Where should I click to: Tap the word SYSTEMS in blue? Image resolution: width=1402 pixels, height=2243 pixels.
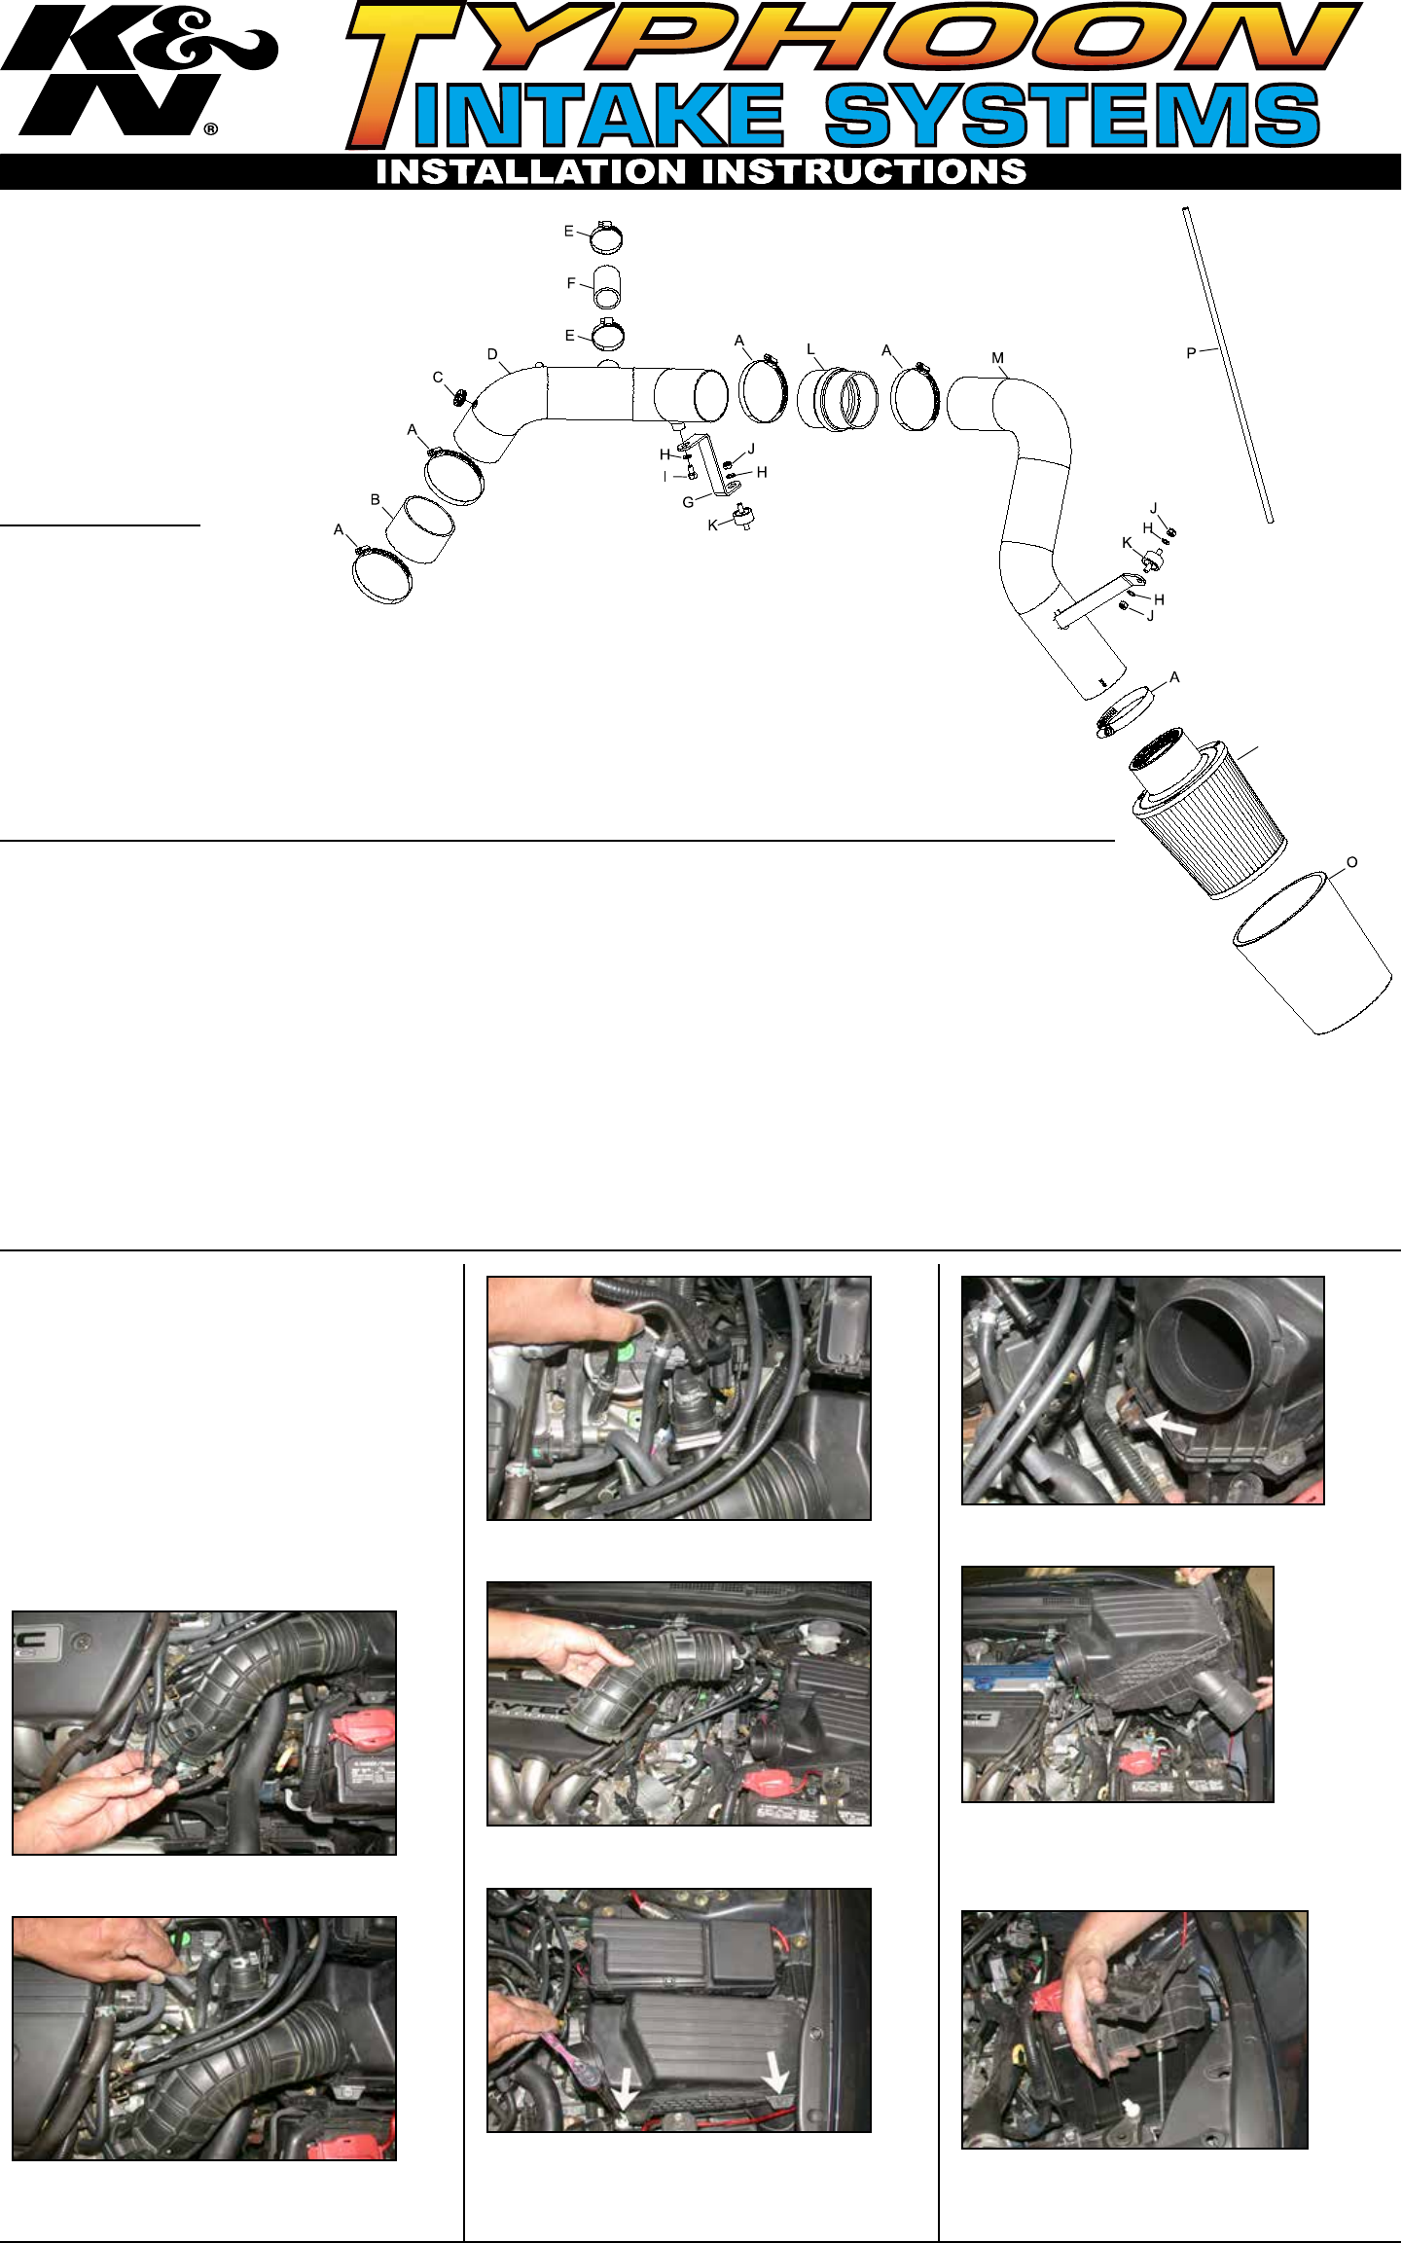click(1072, 115)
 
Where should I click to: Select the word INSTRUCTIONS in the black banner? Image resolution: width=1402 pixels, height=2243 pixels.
click(865, 172)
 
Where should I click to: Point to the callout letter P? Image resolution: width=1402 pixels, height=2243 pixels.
click(1191, 354)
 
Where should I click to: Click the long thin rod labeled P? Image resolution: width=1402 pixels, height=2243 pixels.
click(1228, 365)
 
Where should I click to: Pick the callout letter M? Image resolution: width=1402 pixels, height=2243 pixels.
click(997, 358)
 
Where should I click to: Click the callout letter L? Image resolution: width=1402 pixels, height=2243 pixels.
click(810, 349)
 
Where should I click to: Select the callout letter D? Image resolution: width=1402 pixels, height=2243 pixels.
click(492, 354)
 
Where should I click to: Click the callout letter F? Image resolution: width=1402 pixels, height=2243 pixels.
click(571, 283)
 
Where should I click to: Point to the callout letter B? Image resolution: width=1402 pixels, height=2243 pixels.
click(376, 500)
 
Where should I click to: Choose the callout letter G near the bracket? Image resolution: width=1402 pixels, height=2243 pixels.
click(688, 502)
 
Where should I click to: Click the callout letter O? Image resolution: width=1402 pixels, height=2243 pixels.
click(1351, 862)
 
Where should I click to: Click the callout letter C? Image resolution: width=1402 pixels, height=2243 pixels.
click(438, 378)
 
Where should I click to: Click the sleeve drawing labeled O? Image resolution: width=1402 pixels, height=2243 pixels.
click(1313, 954)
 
